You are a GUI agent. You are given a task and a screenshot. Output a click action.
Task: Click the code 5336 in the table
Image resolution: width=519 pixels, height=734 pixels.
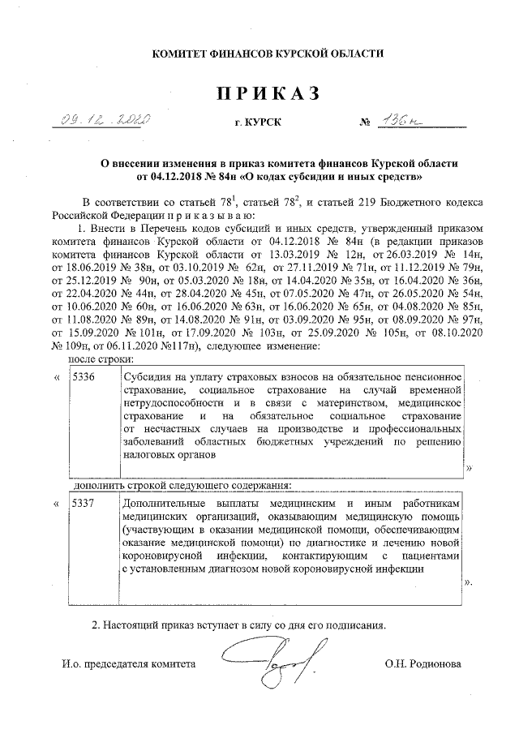[84, 377]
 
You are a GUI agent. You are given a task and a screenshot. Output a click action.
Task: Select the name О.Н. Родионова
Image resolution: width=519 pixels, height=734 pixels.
[422, 663]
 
